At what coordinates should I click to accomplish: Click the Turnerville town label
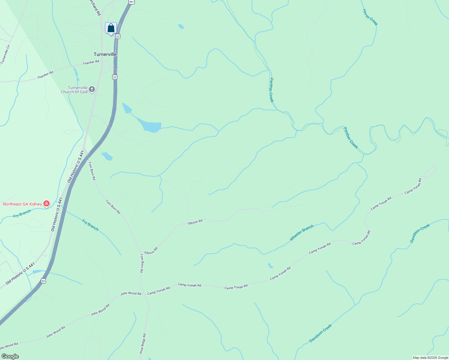click(x=105, y=54)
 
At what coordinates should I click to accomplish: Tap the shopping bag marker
click(x=111, y=28)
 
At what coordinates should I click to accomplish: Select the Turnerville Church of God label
click(x=74, y=90)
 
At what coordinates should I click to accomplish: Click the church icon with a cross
click(x=92, y=89)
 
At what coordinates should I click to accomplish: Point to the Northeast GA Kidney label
click(x=23, y=204)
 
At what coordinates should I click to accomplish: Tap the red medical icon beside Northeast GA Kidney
click(x=47, y=204)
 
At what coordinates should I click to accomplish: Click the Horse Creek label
click(x=370, y=17)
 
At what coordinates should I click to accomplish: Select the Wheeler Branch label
click(x=301, y=233)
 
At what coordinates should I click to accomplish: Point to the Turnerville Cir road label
click(x=5, y=54)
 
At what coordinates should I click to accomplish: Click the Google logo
click(x=10, y=356)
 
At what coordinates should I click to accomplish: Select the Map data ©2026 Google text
click(x=430, y=358)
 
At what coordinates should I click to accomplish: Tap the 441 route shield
click(x=131, y=2)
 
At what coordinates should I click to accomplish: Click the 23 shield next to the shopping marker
click(x=118, y=36)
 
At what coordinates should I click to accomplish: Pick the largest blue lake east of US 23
click(x=152, y=126)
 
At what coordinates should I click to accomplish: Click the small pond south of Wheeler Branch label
click(x=270, y=266)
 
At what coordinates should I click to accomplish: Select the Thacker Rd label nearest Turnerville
click(x=91, y=62)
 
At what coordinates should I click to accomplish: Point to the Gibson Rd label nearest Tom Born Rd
click(x=151, y=250)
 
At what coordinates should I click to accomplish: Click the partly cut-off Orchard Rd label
click(x=95, y=7)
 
